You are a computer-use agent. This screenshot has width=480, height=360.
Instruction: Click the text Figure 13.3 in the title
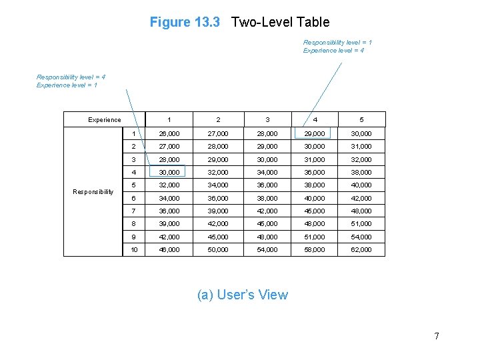(x=185, y=22)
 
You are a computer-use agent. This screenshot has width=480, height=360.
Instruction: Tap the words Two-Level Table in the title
(x=280, y=22)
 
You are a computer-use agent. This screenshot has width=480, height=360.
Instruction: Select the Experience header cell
(x=105, y=120)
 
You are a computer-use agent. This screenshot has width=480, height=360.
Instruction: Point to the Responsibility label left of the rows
(x=93, y=192)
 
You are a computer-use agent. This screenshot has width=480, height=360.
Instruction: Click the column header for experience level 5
(x=361, y=120)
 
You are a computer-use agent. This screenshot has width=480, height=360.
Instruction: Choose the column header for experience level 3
(x=267, y=120)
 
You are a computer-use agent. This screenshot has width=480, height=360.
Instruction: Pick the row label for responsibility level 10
(x=134, y=249)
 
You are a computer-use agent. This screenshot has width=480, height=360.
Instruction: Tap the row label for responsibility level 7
(x=133, y=211)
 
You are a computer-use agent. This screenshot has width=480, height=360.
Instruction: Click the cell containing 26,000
(x=169, y=134)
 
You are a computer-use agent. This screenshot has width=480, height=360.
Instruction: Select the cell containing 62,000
(x=361, y=249)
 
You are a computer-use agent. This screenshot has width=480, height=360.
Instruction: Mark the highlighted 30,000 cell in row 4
(x=169, y=172)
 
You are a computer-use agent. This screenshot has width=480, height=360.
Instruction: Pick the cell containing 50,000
(x=218, y=249)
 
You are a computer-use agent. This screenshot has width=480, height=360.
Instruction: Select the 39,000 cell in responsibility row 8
(x=169, y=224)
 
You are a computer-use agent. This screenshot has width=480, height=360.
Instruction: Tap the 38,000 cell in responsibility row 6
(x=267, y=198)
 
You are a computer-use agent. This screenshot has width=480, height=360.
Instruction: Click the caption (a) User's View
(x=243, y=295)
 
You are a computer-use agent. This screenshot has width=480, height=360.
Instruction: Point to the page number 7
(x=437, y=336)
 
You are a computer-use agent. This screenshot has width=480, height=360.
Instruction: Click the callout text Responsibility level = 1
(x=337, y=43)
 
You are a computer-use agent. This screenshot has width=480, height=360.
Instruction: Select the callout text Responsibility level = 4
(x=71, y=77)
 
